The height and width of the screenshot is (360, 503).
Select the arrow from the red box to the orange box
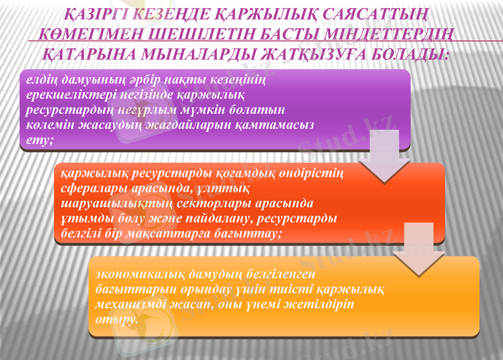[411, 249]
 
